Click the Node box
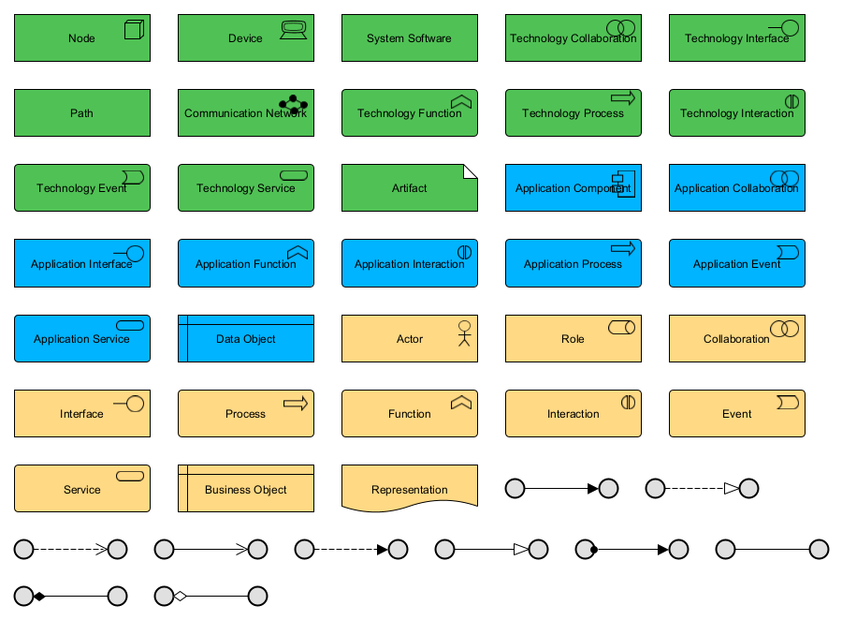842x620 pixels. click(x=82, y=38)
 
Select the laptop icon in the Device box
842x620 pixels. click(x=294, y=29)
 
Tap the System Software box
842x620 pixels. click(x=409, y=38)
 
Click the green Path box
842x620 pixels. click(x=82, y=113)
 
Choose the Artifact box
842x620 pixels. click(x=409, y=188)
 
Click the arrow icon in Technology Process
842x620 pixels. click(x=623, y=97)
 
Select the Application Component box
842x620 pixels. click(x=573, y=188)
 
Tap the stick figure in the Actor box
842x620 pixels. click(x=463, y=333)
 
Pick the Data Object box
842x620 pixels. click(x=246, y=339)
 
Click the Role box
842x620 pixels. click(x=573, y=339)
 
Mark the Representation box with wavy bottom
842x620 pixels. click(x=409, y=489)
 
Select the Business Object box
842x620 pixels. click(x=246, y=489)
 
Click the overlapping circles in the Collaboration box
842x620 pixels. click(x=784, y=329)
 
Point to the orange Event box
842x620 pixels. click(x=736, y=414)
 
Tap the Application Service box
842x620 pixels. click(x=82, y=339)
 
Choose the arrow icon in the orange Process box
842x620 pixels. click(x=296, y=403)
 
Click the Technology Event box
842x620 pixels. click(x=82, y=188)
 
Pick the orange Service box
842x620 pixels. click(x=82, y=489)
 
